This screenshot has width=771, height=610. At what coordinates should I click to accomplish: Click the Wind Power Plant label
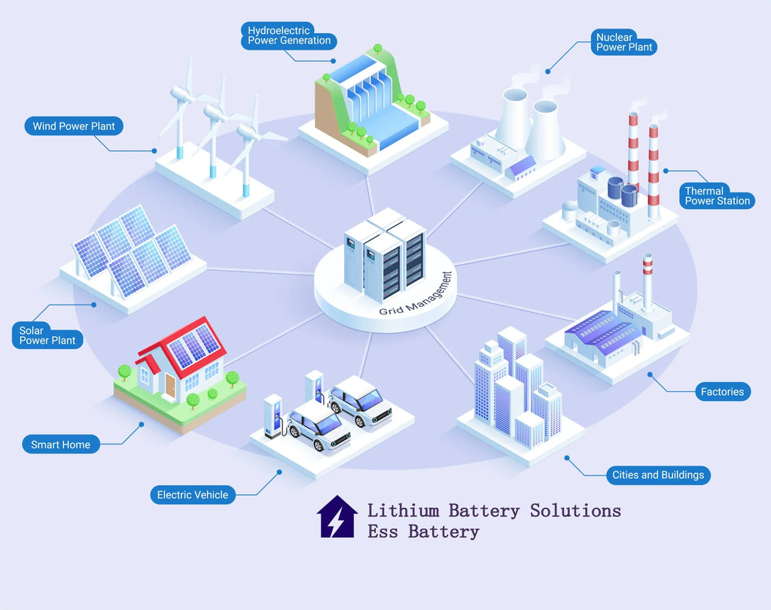(73, 126)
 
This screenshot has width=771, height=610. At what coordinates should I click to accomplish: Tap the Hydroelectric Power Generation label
(289, 35)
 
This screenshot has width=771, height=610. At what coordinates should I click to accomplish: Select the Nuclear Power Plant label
(624, 42)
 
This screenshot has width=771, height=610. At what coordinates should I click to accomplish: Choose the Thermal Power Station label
(717, 196)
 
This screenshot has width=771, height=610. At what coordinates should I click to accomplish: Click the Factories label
(722, 391)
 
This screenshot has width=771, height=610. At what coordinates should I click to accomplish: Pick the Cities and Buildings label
(658, 475)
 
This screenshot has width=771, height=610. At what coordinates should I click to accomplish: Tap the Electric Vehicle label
(192, 494)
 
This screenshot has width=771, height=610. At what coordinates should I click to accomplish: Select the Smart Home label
(60, 445)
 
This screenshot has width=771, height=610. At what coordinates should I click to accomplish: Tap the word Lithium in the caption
(403, 510)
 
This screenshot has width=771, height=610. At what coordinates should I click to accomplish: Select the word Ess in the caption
(383, 532)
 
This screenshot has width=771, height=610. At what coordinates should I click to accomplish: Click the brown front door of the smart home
(170, 387)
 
